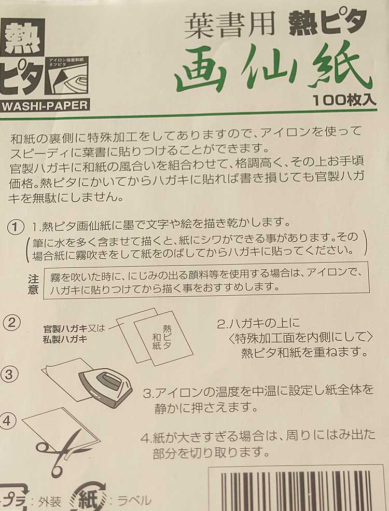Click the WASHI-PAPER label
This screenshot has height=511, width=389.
coord(45,106)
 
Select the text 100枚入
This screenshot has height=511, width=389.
coord(344,100)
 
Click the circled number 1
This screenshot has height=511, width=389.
coord(15,226)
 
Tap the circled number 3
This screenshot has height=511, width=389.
coord(9,374)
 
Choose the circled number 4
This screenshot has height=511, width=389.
coord(7,421)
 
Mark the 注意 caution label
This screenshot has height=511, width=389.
coord(33,284)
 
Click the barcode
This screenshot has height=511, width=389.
coord(300,490)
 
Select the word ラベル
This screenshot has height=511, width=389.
coord(134,500)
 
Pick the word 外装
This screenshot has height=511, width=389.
coord(49,501)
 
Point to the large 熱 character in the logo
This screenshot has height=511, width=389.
coord(22,38)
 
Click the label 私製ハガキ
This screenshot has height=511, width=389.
coord(65,339)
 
